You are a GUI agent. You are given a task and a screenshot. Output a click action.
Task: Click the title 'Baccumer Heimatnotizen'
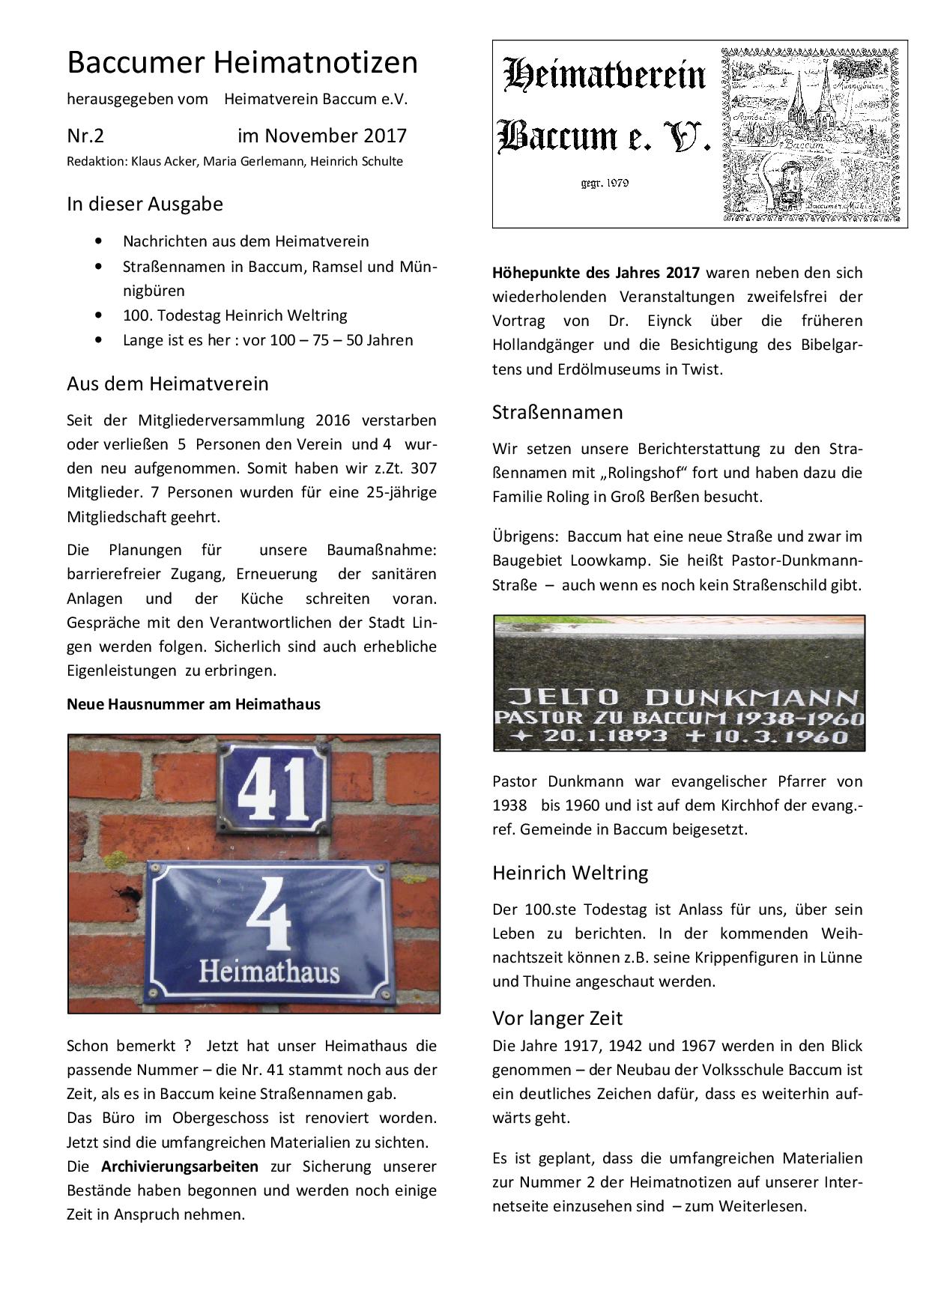coord(242,63)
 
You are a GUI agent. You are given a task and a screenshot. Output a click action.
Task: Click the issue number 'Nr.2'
coord(85,136)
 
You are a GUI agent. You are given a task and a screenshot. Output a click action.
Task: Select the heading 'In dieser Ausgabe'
coord(145,204)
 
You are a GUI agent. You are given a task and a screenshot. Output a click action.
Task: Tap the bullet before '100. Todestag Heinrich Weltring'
coord(99,315)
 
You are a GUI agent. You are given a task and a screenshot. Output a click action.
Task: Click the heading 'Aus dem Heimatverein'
coord(167,384)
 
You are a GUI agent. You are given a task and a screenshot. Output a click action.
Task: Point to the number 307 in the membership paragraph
coord(423,468)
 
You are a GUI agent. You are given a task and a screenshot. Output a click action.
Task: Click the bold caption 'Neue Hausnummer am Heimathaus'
coord(193,704)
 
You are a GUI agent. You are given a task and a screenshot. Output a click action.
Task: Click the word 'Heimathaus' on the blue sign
coord(268,972)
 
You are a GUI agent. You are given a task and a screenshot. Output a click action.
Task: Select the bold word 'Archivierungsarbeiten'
coord(180,1166)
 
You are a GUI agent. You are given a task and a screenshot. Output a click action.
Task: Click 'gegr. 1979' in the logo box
coord(605,183)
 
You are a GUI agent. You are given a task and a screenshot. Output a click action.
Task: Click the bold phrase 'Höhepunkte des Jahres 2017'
coord(596,273)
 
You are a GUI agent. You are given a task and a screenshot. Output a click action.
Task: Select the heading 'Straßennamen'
coord(557,412)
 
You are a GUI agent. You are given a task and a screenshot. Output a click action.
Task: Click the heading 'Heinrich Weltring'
coord(570,873)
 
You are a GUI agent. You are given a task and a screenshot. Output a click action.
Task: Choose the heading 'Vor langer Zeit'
coord(557,1018)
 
